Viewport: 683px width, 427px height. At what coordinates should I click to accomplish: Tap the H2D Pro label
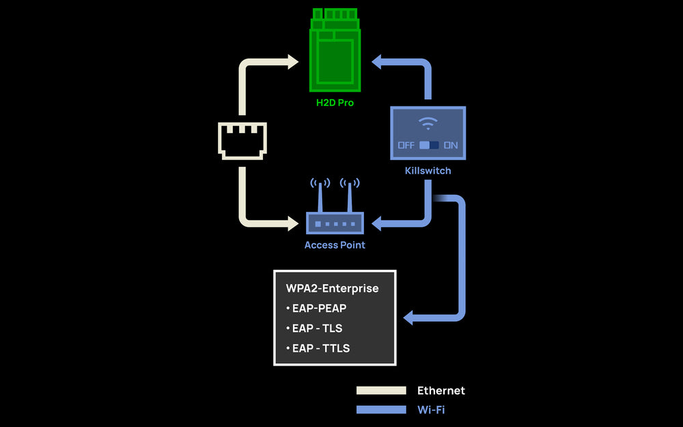pyautogui.click(x=335, y=103)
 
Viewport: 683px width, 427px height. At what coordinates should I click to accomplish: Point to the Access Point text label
pyautogui.click(x=335, y=245)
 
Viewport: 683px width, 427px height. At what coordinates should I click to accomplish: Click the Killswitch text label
pyautogui.click(x=428, y=170)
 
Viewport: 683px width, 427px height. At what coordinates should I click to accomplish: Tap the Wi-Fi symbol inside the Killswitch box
pyautogui.click(x=428, y=123)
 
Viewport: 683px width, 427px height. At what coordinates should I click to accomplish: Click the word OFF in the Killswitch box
pyautogui.click(x=406, y=146)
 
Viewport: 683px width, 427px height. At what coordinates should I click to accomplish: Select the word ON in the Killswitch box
pyautogui.click(x=451, y=146)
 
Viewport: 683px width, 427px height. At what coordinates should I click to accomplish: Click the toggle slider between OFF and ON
pyautogui.click(x=429, y=146)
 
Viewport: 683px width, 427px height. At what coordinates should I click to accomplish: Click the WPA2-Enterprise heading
pyautogui.click(x=332, y=288)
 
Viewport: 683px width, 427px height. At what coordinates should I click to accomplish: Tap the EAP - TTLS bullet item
pyautogui.click(x=318, y=348)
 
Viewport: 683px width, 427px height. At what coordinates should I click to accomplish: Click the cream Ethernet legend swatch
pyautogui.click(x=381, y=391)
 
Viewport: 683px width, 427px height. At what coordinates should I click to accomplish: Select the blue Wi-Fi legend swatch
pyautogui.click(x=381, y=410)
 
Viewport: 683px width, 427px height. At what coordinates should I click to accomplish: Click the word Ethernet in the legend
pyautogui.click(x=441, y=391)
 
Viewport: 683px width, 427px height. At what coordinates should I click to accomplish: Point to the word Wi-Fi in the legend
pyautogui.click(x=431, y=410)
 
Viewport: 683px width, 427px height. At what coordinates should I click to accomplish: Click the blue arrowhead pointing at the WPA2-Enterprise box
pyautogui.click(x=409, y=318)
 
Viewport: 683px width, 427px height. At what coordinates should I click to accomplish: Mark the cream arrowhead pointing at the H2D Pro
pyautogui.click(x=294, y=61)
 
